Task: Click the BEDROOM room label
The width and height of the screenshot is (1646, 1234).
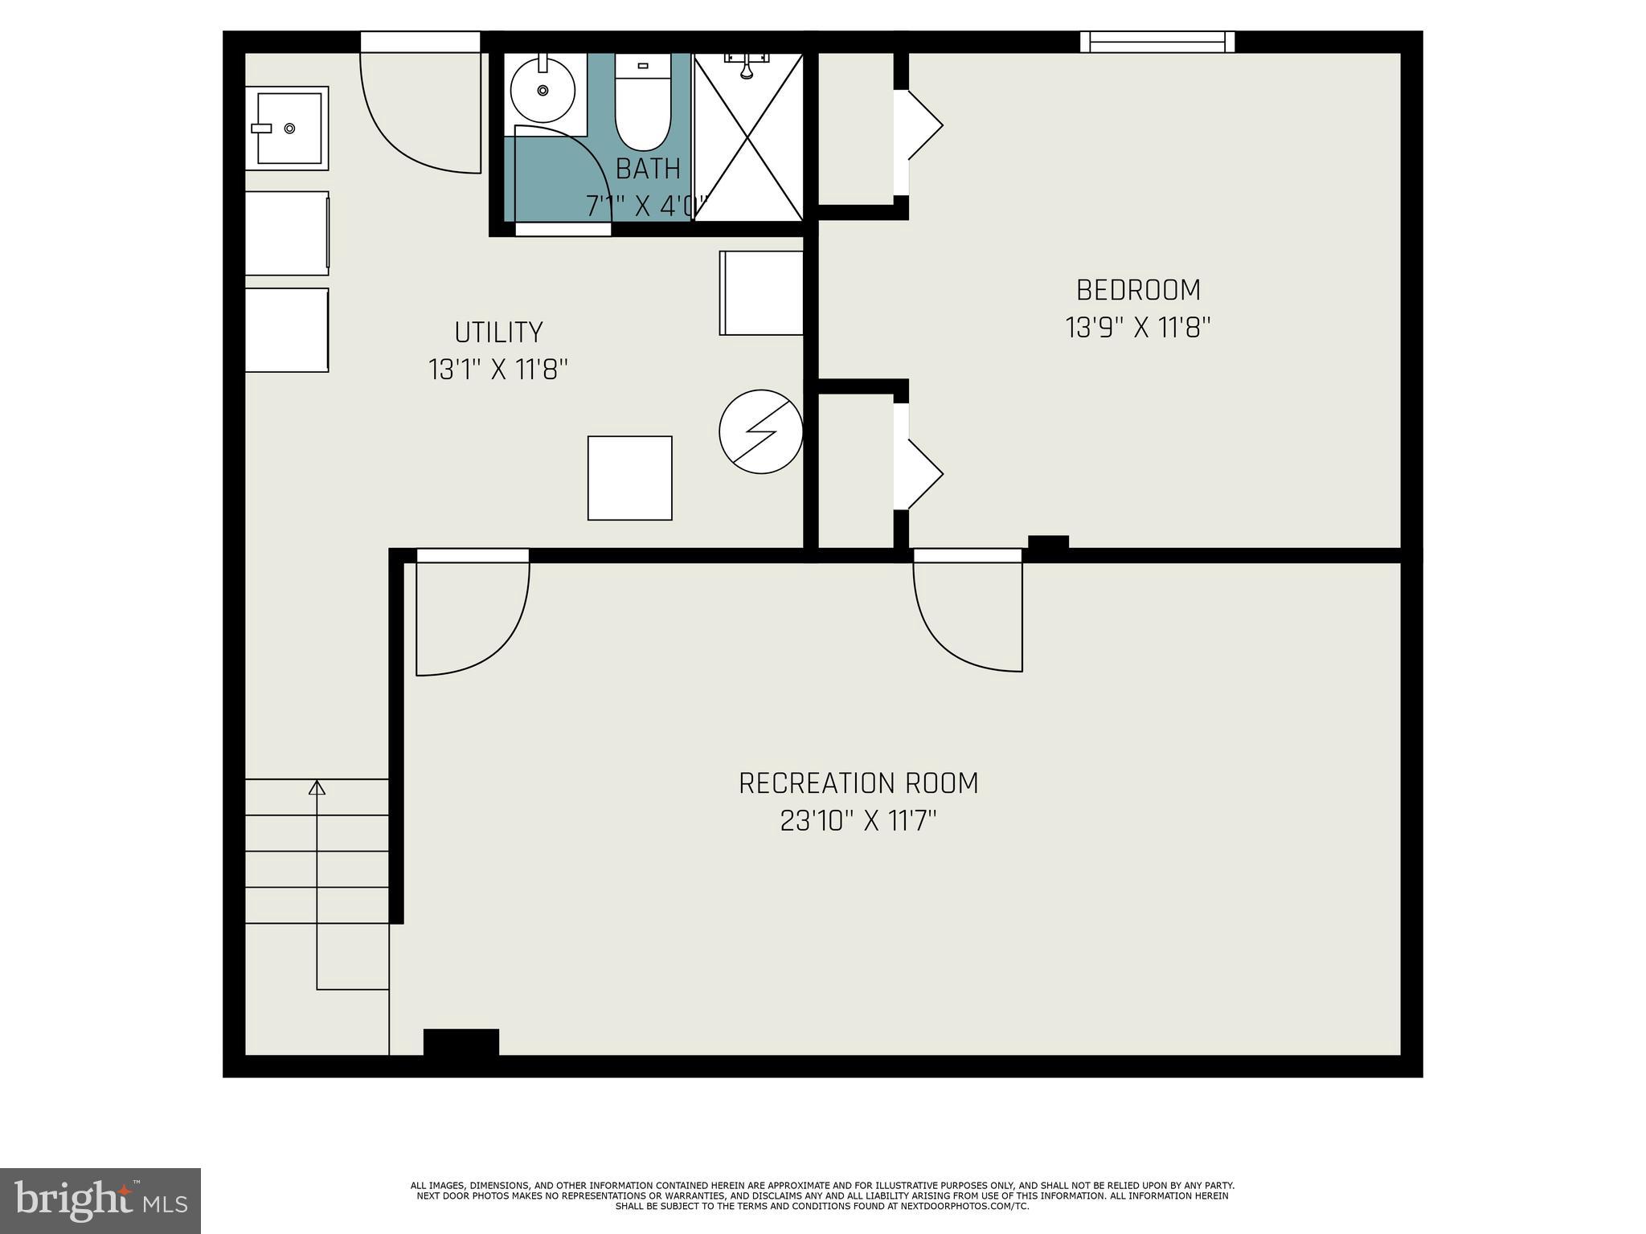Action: tap(1138, 289)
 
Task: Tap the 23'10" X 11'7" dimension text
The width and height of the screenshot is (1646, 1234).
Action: tap(858, 821)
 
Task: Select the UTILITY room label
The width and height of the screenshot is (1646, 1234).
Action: tap(498, 332)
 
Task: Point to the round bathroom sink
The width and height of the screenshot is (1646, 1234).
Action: tap(543, 90)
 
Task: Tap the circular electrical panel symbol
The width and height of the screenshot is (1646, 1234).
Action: tap(760, 431)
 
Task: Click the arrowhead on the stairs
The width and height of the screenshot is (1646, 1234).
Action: tap(317, 787)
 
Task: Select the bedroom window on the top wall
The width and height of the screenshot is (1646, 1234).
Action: tap(1157, 42)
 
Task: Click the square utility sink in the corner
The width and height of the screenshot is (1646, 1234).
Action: tap(287, 129)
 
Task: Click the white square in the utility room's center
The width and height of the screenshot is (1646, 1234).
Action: tap(629, 478)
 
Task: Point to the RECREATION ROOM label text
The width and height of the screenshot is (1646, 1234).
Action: tap(858, 782)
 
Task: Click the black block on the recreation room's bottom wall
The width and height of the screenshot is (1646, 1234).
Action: tap(461, 1042)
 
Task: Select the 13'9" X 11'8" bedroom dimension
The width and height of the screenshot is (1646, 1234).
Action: tap(1138, 328)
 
